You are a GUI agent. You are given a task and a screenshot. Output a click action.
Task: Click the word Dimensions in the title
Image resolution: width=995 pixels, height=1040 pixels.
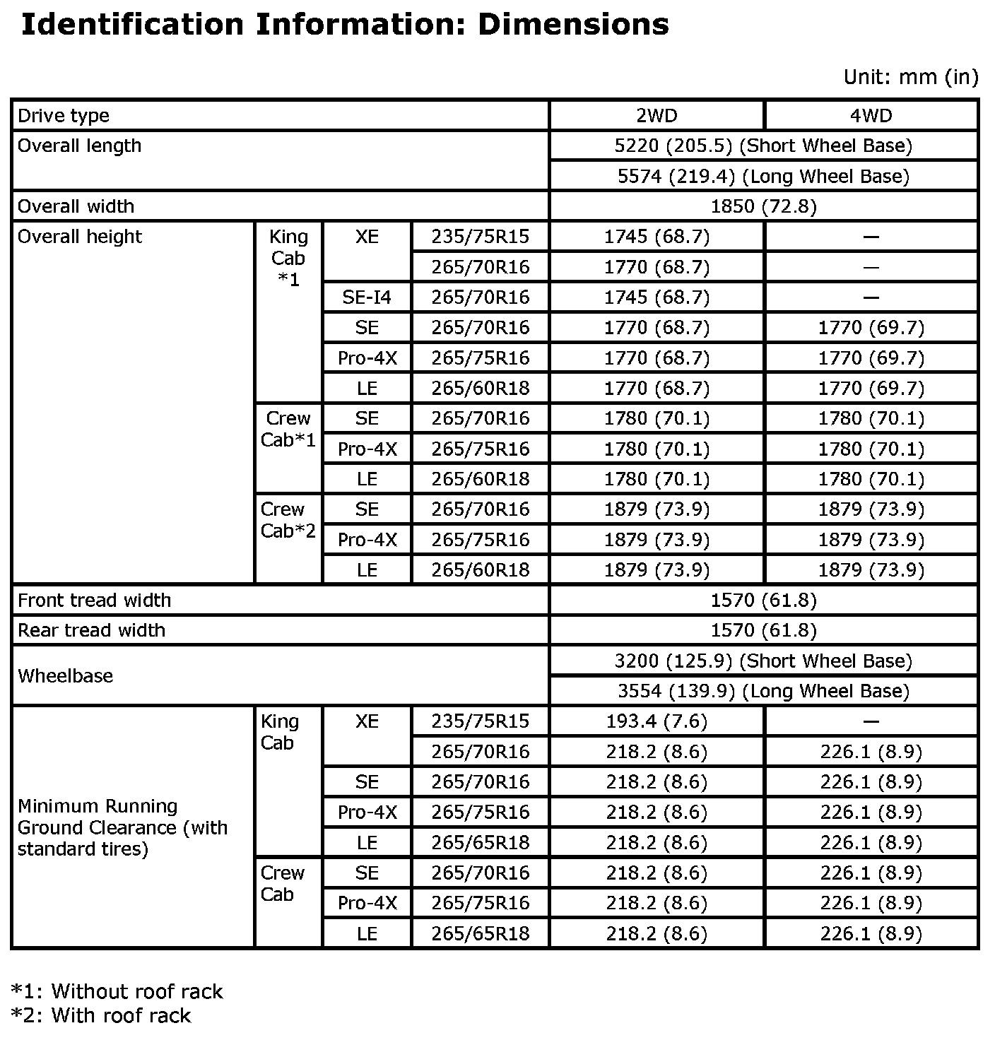[x=573, y=25]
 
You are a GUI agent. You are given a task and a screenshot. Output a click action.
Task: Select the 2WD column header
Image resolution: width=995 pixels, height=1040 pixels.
[x=657, y=116]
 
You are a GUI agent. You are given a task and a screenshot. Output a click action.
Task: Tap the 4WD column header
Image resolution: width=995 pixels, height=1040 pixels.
[x=871, y=116]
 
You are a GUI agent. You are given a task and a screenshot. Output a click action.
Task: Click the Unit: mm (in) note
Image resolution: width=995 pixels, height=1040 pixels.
[x=910, y=77]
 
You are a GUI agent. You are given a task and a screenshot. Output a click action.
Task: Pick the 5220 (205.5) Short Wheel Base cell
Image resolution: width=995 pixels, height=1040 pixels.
[x=763, y=146]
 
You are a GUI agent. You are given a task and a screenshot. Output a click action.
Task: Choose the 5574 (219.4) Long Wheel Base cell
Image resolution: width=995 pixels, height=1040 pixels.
[x=763, y=176]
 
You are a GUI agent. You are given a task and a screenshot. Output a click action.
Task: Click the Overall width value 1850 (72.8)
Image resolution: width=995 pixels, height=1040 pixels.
[x=763, y=206]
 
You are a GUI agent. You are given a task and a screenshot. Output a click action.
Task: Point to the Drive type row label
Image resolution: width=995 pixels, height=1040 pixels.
[x=64, y=116]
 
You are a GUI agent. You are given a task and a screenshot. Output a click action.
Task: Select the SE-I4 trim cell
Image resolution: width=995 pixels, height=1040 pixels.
[x=366, y=297]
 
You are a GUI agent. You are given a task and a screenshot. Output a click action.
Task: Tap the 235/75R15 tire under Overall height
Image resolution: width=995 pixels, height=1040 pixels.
[x=480, y=237]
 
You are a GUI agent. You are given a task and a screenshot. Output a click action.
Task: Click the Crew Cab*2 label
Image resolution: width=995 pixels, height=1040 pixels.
[x=288, y=520]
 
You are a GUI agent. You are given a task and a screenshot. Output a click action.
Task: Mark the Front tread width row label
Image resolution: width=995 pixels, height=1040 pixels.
[x=94, y=601]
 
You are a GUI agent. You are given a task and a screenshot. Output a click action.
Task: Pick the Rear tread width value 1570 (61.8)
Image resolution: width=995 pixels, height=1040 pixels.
[x=763, y=630]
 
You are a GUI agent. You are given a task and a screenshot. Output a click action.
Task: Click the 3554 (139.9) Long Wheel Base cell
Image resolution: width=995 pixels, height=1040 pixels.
[x=763, y=691]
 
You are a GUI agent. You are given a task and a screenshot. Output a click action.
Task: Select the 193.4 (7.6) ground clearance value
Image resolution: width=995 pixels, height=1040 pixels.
[x=657, y=721]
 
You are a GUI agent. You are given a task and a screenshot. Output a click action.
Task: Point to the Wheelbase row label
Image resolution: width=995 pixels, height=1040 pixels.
[x=65, y=676]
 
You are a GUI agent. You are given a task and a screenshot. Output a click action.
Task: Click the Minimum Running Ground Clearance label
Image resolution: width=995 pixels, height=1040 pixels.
[x=122, y=827]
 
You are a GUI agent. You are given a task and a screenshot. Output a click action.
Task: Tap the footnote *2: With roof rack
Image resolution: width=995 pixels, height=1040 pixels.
[x=101, y=1016]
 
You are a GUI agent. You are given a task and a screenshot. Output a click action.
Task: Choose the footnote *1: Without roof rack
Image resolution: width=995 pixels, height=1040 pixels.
[x=117, y=992]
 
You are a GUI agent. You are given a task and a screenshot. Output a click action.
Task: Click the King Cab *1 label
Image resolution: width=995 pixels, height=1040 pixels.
[x=288, y=258]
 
